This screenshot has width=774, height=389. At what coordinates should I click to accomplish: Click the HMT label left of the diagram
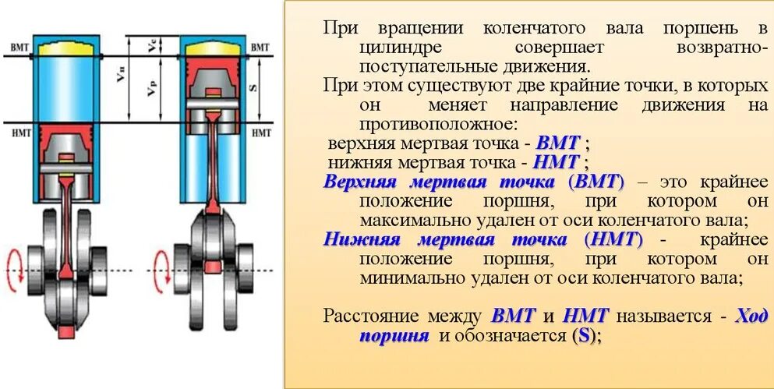pos(19,134)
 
